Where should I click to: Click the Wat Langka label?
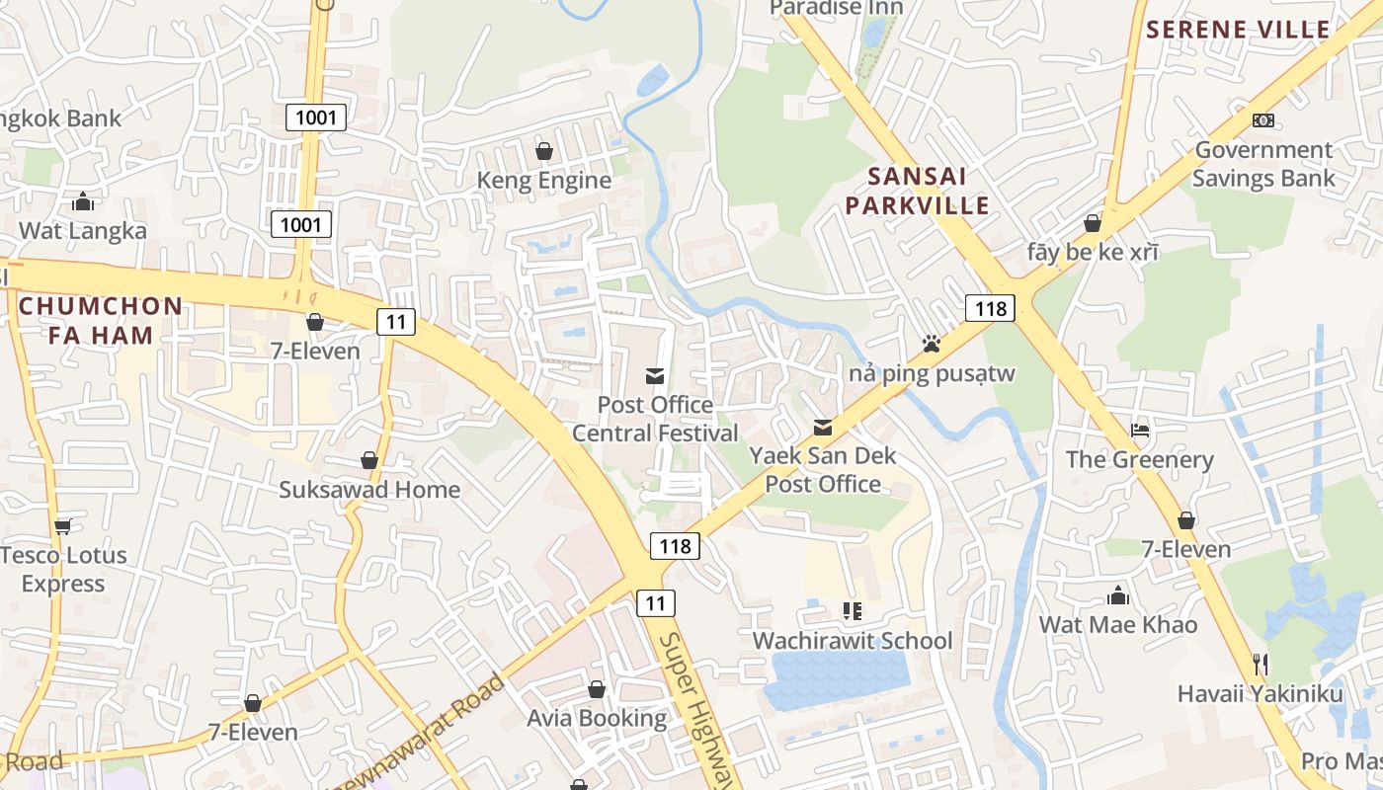[83, 231]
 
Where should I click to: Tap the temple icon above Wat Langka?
[83, 202]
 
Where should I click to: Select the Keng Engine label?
[544, 181]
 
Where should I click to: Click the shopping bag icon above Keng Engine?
[543, 151]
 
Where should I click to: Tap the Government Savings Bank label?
[1263, 164]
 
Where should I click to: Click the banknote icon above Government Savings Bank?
[1262, 120]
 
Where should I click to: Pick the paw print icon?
[931, 344]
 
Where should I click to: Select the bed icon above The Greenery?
[1139, 430]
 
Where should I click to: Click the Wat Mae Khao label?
[1117, 624]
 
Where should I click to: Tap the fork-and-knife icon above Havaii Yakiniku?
[1260, 664]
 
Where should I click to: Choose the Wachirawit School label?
[853, 641]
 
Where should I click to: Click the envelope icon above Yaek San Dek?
[822, 428]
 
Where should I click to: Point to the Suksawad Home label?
[369, 490]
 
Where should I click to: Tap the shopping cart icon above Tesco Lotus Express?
[63, 525]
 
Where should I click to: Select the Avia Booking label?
[596, 718]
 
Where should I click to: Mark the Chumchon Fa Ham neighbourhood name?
[101, 321]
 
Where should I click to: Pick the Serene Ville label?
[1238, 30]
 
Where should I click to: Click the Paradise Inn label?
[836, 8]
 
